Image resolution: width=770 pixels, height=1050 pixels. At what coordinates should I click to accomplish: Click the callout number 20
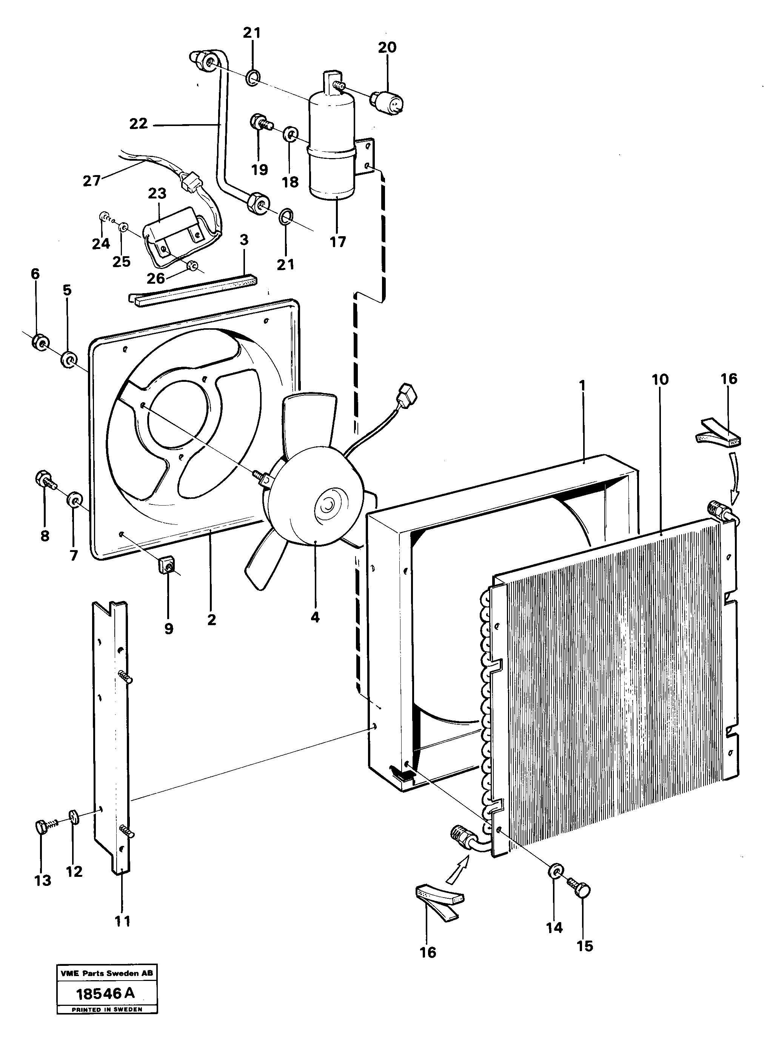pyautogui.click(x=387, y=48)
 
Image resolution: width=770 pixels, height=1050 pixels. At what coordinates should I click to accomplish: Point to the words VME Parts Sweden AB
pyautogui.click(x=107, y=974)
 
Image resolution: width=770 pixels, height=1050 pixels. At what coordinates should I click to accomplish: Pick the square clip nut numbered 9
pyautogui.click(x=167, y=566)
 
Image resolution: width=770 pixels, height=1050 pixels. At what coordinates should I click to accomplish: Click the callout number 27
pyautogui.click(x=91, y=180)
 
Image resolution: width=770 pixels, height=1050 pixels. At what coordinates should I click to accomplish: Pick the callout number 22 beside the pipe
pyautogui.click(x=139, y=123)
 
